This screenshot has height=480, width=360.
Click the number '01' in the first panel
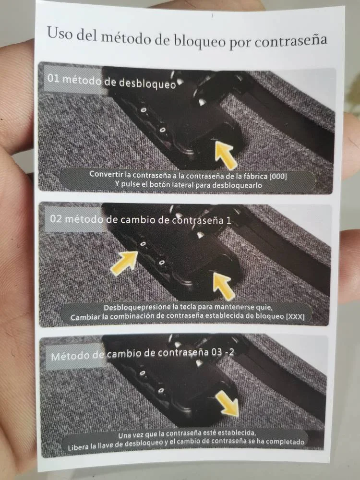pyautogui.click(x=53, y=78)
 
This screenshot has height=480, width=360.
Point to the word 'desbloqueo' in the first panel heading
pyautogui.click(x=147, y=83)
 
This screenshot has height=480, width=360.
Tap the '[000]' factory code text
pyautogui.click(x=278, y=176)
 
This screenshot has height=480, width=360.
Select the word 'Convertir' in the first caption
pyautogui.click(x=106, y=174)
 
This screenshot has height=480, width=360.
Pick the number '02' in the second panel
pyautogui.click(x=56, y=219)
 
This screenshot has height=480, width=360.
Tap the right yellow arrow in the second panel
pyautogui.click(x=224, y=286)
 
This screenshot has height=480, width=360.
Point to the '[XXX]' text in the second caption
pyautogui.click(x=295, y=316)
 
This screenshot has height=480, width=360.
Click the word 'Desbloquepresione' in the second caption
pyautogui.click(x=137, y=307)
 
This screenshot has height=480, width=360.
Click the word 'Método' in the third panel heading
pyautogui.click(x=71, y=356)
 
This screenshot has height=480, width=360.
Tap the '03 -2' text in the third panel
pyautogui.click(x=223, y=352)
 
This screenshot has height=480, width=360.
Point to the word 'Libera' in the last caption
pyautogui.click(x=78, y=447)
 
